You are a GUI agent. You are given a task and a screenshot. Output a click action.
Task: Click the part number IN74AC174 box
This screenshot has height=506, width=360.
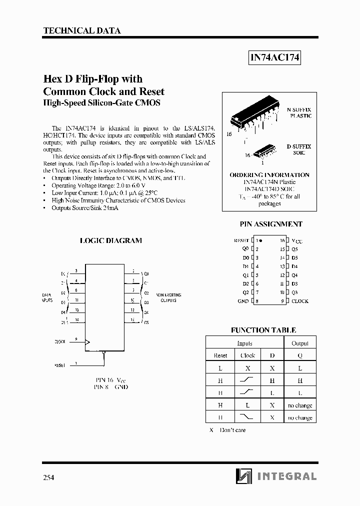[274, 58]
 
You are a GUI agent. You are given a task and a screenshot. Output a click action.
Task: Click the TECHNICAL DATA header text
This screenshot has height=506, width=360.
[82, 30]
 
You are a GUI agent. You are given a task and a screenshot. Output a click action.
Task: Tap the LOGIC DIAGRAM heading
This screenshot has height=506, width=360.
[110, 240]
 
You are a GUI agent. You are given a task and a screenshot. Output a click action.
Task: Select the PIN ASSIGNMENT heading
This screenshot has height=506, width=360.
[271, 224]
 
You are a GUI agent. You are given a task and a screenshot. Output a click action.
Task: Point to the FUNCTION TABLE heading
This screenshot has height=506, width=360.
[263, 330]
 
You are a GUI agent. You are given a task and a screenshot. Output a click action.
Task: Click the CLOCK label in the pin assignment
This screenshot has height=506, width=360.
[299, 301]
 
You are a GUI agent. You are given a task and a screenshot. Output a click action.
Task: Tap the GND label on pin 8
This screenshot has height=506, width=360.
[243, 301]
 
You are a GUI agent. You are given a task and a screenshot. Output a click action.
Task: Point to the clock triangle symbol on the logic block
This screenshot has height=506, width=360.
[88, 342]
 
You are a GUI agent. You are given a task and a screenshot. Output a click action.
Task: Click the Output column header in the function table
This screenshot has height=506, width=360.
[300, 343]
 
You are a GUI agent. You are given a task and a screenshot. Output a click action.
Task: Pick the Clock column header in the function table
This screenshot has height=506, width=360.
[247, 355]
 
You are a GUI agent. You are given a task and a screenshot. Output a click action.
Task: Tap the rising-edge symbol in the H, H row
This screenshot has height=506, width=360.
[247, 380]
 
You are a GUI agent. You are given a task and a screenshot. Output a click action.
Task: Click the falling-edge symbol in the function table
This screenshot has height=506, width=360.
[247, 417]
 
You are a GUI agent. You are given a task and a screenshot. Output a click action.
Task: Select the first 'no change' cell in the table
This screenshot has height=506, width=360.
[300, 405]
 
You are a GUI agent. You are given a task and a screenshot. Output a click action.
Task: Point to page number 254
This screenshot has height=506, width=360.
[49, 477]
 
